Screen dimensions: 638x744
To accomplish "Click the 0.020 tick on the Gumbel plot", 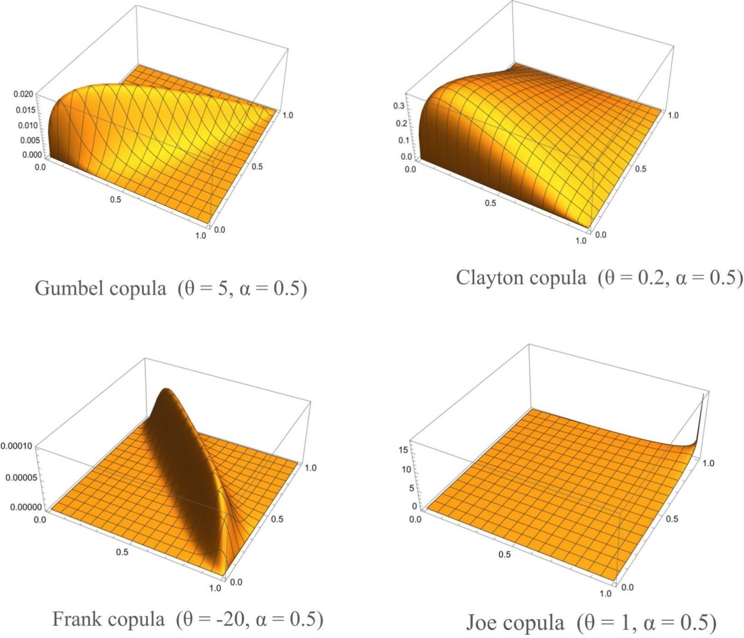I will coord(23,94).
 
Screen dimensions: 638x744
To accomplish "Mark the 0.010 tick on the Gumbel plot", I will coord(23,125).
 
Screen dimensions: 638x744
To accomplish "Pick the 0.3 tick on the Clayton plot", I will coord(399,106).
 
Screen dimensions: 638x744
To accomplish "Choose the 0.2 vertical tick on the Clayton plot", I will coord(399,123).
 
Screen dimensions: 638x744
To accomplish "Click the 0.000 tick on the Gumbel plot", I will coord(23,154).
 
